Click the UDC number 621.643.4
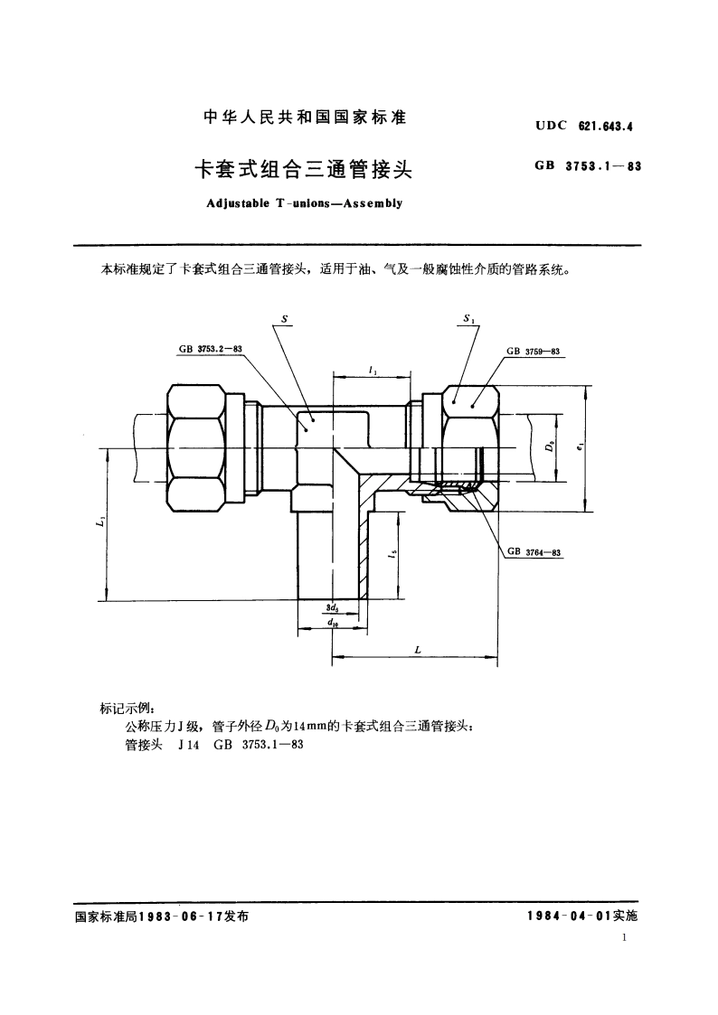pos(605,127)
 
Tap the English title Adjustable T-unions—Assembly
pos(304,202)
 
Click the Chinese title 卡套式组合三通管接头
pos(304,168)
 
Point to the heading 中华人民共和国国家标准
pos(304,117)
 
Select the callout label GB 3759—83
pos(534,351)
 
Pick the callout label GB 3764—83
pos(534,551)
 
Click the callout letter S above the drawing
pos(285,318)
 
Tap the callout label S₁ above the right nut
pos(468,318)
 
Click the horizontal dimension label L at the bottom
pos(416,650)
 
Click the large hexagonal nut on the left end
pos(196,446)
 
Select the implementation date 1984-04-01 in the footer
pos(569,916)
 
